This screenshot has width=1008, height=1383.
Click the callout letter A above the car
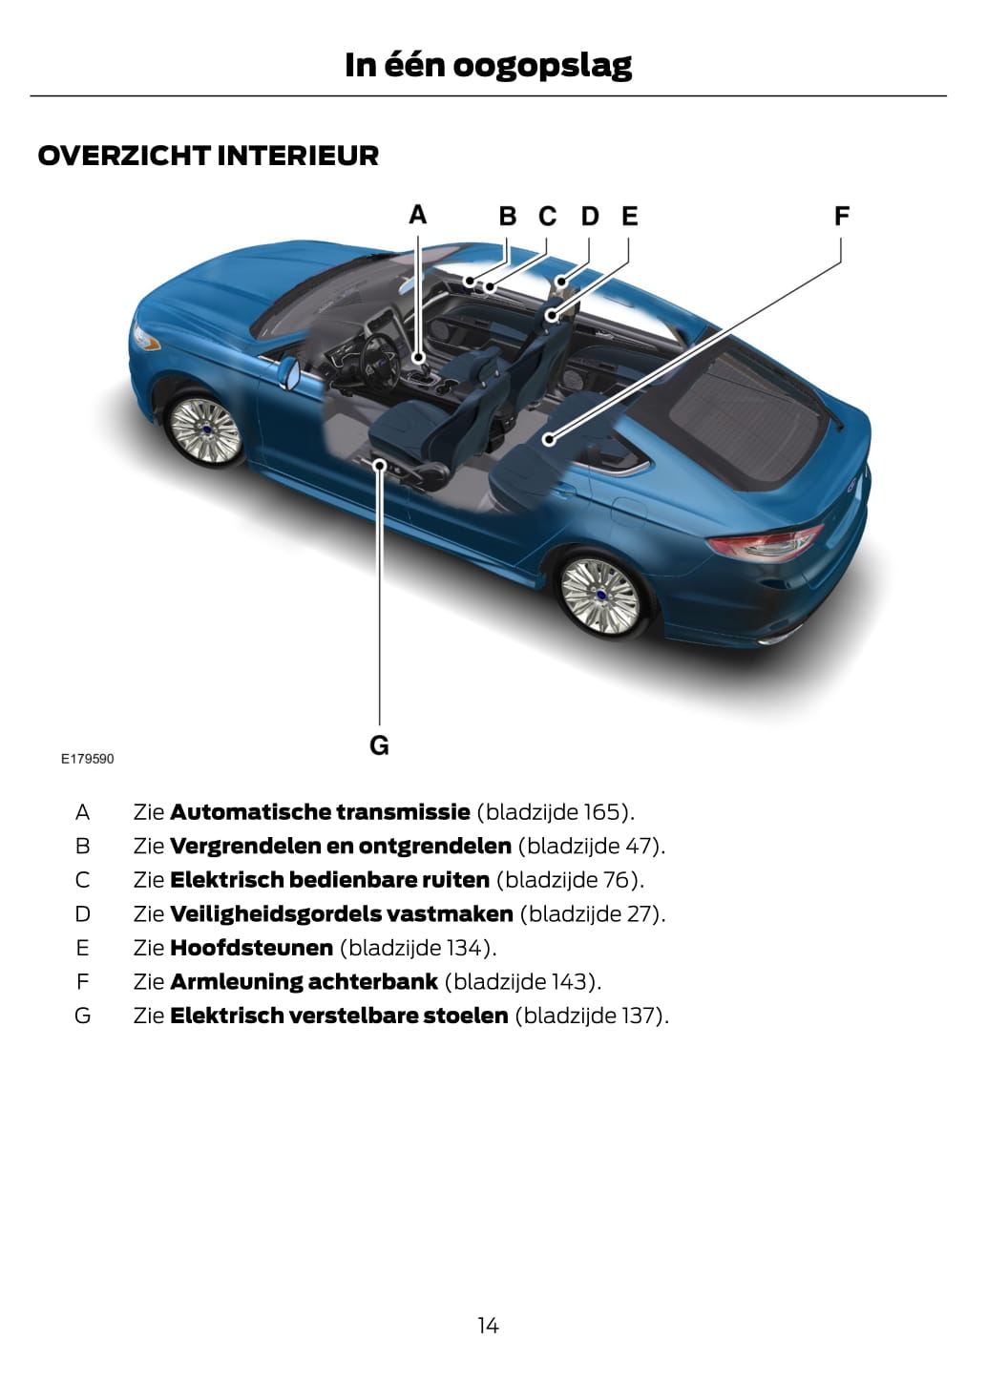[x=417, y=215]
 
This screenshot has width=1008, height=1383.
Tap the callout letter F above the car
[x=841, y=216]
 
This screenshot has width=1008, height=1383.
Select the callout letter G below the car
[x=379, y=744]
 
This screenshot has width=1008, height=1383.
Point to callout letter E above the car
[x=629, y=216]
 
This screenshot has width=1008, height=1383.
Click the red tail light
[x=765, y=542]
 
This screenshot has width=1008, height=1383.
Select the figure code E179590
[x=87, y=759]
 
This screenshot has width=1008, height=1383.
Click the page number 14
[x=488, y=1325]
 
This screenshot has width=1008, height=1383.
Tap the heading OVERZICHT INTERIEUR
[x=208, y=156]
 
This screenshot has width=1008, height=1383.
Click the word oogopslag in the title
[x=541, y=65]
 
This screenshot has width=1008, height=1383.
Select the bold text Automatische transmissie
[x=320, y=812]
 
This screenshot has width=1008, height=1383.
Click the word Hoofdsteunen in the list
[x=251, y=948]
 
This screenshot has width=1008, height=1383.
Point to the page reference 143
[x=570, y=981]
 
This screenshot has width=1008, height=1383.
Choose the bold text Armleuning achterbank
[x=304, y=981]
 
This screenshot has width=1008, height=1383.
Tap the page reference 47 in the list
[x=638, y=846]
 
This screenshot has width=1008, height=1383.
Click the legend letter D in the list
[x=83, y=914]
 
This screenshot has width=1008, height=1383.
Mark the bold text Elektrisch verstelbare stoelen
[x=339, y=1016]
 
